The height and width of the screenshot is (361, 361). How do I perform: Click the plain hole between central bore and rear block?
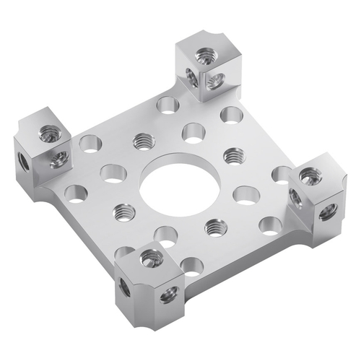(x=193, y=131)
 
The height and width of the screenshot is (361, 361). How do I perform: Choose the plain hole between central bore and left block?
(x=112, y=173)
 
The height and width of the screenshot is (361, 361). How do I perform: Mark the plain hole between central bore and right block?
(x=246, y=194)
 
